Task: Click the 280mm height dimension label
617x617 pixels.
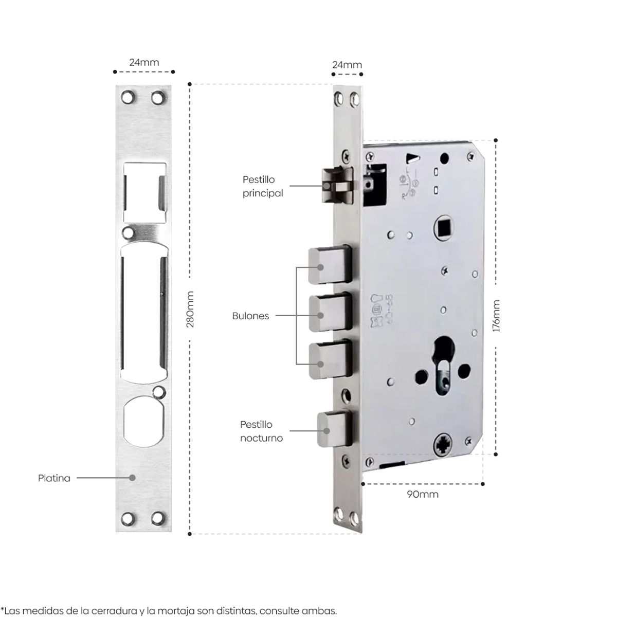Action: pos(190,310)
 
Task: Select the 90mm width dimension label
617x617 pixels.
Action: pos(423,494)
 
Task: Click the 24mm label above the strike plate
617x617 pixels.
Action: pos(144,62)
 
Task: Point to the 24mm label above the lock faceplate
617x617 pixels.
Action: pos(347,65)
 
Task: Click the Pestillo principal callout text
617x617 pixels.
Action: pos(263,186)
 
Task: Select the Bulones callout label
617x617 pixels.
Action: pos(250,316)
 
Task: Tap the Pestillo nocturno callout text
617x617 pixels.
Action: pos(262,431)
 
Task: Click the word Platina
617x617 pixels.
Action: pos(54,478)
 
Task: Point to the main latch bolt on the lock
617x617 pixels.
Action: pos(337,186)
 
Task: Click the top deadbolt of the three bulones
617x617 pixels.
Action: pos(329,265)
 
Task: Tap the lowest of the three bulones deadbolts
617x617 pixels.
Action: pos(329,361)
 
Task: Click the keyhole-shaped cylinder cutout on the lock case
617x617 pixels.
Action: pos(443,362)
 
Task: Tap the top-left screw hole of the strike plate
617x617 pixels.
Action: pos(126,96)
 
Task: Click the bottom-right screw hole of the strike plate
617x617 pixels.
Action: pos(157,518)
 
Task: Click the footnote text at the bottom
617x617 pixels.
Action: pos(169,610)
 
